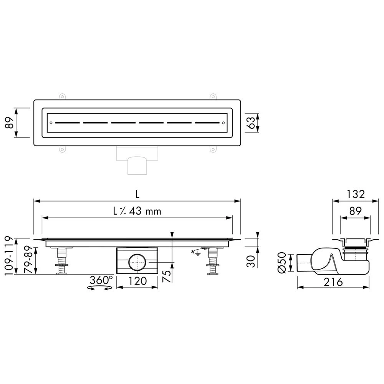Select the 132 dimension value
(356, 194)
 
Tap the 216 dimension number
(333, 282)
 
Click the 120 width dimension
(137, 281)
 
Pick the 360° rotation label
(101, 280)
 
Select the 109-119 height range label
(8, 256)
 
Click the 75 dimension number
(167, 276)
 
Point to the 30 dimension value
(251, 261)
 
